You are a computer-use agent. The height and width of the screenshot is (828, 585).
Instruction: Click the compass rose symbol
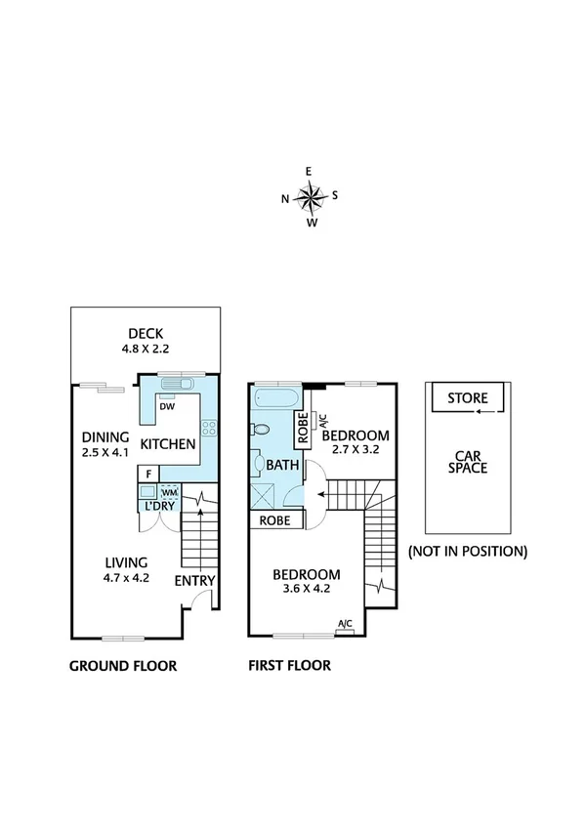tap(311, 197)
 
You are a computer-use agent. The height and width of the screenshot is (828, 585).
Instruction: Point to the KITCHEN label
tap(169, 445)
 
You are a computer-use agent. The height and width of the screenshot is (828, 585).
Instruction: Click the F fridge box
tap(147, 475)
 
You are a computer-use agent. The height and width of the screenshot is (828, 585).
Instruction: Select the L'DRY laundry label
tap(158, 507)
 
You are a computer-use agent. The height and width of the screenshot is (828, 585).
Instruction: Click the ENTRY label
tap(194, 581)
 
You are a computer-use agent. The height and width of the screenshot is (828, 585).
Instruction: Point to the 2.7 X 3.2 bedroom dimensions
tap(355, 450)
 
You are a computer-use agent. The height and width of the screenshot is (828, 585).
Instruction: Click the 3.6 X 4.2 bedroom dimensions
tap(306, 591)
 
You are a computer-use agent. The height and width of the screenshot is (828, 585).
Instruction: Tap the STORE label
tap(468, 398)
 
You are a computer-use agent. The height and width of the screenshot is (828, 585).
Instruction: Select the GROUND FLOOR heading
tap(123, 667)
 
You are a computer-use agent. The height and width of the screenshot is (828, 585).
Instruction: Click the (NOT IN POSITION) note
tap(468, 551)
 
